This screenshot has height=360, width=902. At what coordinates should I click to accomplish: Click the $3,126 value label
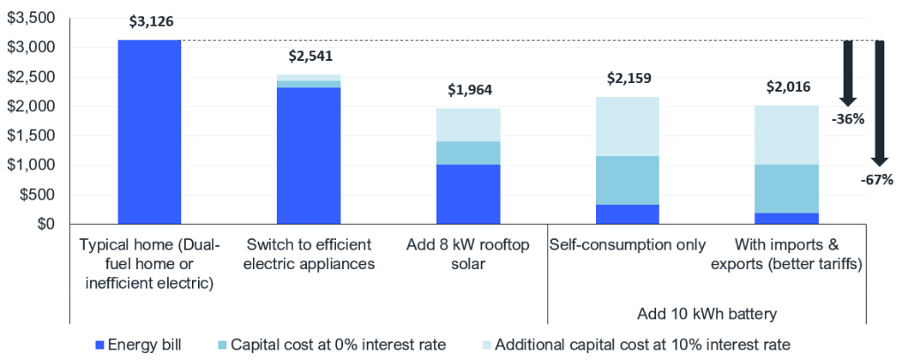[x=149, y=22]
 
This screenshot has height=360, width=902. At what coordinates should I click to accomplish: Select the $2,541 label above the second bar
[x=307, y=56]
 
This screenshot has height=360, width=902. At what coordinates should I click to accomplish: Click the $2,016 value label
[x=786, y=87]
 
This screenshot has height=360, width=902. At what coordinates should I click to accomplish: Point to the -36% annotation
[x=848, y=118]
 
